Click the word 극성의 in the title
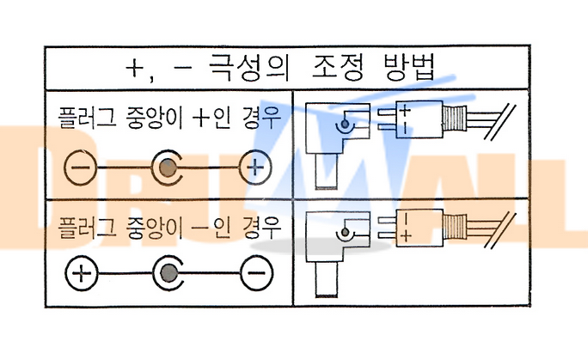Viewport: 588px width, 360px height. click(x=249, y=68)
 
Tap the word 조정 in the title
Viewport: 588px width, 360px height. click(x=338, y=68)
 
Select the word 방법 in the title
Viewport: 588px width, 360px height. click(x=409, y=68)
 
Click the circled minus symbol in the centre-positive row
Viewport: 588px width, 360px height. click(x=80, y=167)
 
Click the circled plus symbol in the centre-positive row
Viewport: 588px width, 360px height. click(x=255, y=167)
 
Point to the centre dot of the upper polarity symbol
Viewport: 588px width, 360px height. click(x=168, y=168)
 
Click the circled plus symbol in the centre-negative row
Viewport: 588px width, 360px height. click(x=82, y=273)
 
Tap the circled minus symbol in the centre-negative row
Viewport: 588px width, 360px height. click(x=257, y=273)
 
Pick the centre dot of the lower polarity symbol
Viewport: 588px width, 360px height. click(x=168, y=273)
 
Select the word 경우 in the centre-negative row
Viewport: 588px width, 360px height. click(x=261, y=227)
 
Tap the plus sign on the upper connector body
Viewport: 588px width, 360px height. click(x=405, y=111)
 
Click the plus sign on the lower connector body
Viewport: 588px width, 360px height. click(x=406, y=236)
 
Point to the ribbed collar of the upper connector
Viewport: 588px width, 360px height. click(x=455, y=119)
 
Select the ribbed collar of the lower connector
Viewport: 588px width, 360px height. click(x=455, y=227)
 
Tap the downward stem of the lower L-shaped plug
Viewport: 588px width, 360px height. click(x=327, y=279)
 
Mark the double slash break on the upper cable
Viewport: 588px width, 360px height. click(x=499, y=122)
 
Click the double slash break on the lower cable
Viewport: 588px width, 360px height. click(x=499, y=231)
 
